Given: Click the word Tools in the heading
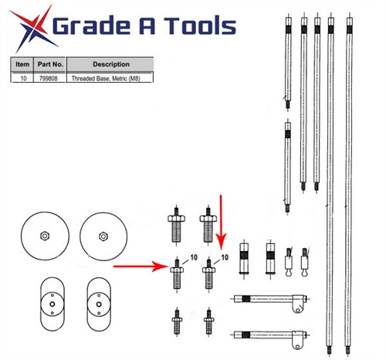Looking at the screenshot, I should (193, 27).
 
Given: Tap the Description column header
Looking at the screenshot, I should (110, 64).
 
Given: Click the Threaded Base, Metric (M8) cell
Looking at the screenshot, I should (110, 78).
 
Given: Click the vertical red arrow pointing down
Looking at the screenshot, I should (222, 220).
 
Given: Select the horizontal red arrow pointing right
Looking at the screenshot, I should (143, 267).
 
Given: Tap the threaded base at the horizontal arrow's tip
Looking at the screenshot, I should (178, 273).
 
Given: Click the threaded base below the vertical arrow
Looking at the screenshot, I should (208, 273).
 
